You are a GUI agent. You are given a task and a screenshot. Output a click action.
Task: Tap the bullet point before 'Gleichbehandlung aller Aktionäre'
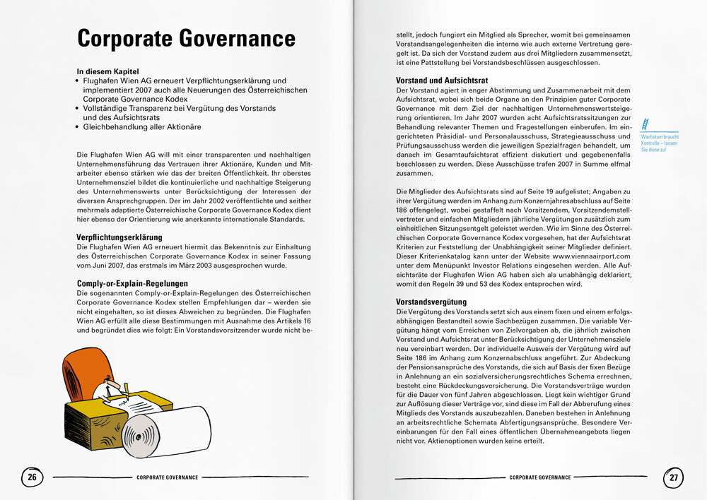point(78,126)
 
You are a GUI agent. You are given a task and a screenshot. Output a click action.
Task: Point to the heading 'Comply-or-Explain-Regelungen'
point(132,283)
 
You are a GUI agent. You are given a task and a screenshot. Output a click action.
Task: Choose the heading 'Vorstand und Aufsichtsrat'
point(442,81)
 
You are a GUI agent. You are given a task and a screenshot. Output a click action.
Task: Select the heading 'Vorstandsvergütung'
point(431,302)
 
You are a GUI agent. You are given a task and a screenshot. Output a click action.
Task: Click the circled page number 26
point(32,477)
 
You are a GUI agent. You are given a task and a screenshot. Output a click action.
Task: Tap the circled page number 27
point(674,477)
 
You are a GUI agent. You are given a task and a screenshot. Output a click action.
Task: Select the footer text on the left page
point(167,477)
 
